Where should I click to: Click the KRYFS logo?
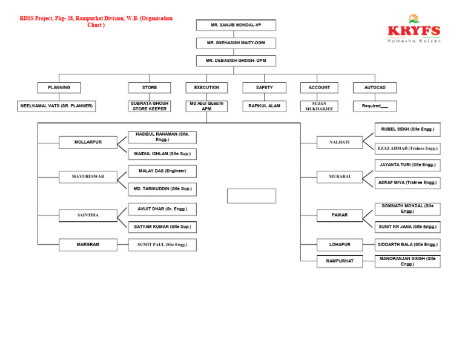pos(414,29)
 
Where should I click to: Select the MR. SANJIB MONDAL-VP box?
pos(236,25)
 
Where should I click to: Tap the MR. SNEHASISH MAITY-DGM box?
pos(236,43)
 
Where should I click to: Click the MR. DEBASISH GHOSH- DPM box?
pos(236,61)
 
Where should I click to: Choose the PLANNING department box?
pos(59,88)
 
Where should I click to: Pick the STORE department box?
pos(150,88)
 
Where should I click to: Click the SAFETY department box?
pos(264,88)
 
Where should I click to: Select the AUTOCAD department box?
pos(375,88)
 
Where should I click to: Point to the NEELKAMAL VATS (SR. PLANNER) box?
pos(56,106)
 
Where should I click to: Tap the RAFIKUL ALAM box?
pos(264,106)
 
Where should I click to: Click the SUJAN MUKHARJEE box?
pos(319,106)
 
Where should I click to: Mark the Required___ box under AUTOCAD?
pos(375,106)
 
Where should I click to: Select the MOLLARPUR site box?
pos(88,142)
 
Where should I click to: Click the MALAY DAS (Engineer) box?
pos(162,172)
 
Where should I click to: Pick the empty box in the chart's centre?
pos(251,196)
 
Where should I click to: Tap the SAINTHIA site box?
pos(88,215)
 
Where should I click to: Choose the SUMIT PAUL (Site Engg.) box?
pos(162,245)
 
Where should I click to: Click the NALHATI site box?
pos(339,142)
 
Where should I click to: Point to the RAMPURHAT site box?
pos(339,261)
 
